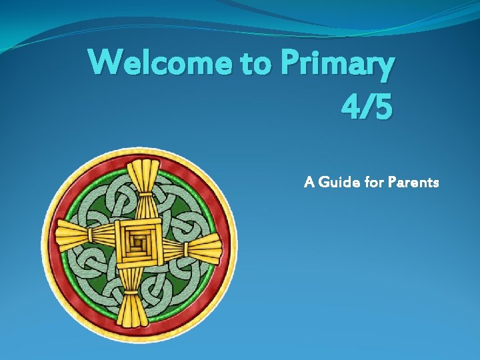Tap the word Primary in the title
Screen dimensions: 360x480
click(x=338, y=65)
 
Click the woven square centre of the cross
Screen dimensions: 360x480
click(x=139, y=242)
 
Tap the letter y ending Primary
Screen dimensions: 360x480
click(x=385, y=68)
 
